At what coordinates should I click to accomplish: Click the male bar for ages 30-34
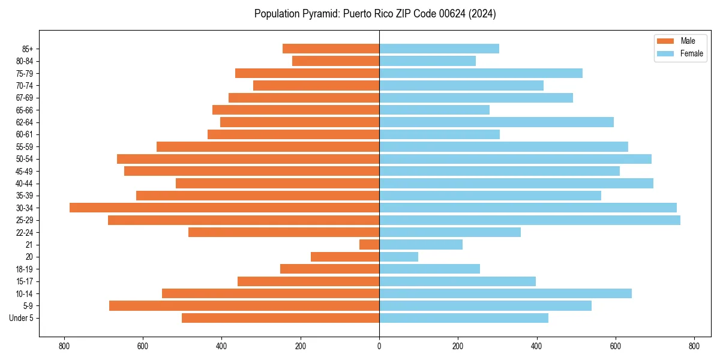click(224, 208)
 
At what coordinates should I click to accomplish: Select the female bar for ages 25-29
click(529, 220)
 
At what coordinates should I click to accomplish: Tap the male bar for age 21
click(369, 245)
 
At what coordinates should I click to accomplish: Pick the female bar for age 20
click(398, 257)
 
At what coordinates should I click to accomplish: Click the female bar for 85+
click(439, 49)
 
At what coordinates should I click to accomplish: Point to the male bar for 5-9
click(244, 306)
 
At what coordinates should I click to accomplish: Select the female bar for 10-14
click(505, 293)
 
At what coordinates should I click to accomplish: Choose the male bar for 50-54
click(248, 159)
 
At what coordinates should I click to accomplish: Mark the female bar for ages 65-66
click(434, 110)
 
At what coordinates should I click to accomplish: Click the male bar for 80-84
click(335, 61)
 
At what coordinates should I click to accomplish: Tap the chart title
click(375, 14)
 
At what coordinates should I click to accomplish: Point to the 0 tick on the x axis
click(379, 346)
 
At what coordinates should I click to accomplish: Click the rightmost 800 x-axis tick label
click(694, 346)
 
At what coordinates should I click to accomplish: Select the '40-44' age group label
click(25, 184)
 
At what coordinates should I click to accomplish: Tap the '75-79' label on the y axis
click(25, 73)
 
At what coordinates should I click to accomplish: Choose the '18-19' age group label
click(25, 269)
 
